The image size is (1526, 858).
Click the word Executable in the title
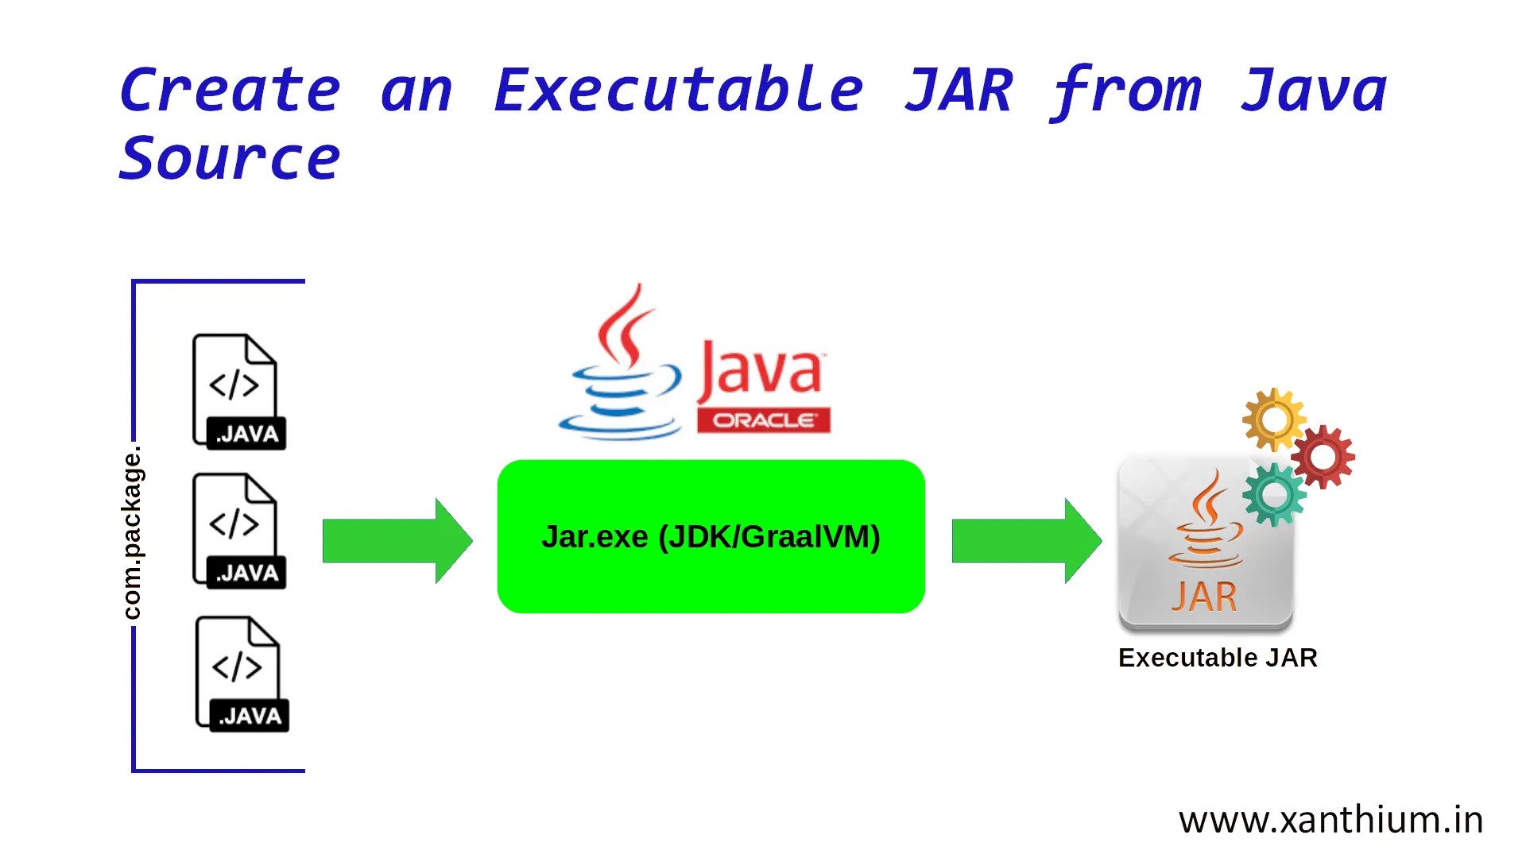[x=678, y=91]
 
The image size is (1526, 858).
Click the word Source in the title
[x=230, y=159]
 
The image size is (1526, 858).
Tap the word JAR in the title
[x=959, y=91]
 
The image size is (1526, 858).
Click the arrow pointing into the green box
[x=397, y=541]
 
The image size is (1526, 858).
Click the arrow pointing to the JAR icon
[x=1026, y=541]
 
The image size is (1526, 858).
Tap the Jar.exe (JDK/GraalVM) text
[x=711, y=537]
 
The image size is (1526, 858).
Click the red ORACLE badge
[x=763, y=420]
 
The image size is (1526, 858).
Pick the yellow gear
[x=1273, y=419]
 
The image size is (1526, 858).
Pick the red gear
[x=1323, y=457]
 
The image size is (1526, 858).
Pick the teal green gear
[x=1273, y=495]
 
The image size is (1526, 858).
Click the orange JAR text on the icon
[x=1203, y=597]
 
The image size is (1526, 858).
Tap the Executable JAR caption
[x=1217, y=658]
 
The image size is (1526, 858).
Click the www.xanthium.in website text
[x=1330, y=820]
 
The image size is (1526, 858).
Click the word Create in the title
[x=230, y=91]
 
